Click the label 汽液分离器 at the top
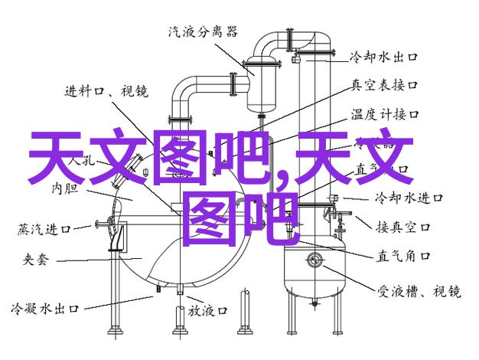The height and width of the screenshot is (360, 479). click(x=202, y=32)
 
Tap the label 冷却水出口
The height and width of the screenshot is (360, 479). click(x=383, y=57)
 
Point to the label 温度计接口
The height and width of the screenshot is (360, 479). click(x=384, y=115)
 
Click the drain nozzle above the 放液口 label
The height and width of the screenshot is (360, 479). click(x=178, y=290)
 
